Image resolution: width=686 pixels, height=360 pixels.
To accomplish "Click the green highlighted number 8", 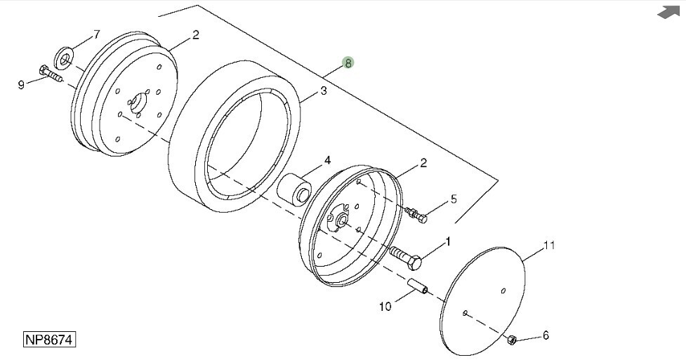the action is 348,63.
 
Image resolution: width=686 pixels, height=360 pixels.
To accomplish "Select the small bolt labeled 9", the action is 51,74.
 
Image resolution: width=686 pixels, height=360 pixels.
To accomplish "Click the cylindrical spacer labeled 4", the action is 293,189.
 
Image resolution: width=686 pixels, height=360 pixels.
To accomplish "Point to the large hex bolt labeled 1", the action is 405,258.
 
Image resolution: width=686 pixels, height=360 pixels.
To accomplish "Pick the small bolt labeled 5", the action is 416,215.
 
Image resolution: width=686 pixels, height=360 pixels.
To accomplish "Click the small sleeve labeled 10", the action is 418,288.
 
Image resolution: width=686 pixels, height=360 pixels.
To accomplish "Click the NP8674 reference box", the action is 49,340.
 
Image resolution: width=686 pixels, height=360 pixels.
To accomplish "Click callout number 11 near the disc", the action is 548,245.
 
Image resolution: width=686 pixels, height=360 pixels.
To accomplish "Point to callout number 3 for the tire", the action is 323,91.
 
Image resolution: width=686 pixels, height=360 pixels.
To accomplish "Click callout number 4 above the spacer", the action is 327,161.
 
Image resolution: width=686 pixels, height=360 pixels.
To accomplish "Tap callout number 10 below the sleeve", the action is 385,307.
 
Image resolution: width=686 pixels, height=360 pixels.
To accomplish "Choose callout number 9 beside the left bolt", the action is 21,84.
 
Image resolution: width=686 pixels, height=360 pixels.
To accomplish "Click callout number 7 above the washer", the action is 97,34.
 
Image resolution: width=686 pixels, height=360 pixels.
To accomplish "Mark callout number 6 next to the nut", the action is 546,335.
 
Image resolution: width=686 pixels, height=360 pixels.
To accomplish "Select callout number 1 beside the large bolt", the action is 447,241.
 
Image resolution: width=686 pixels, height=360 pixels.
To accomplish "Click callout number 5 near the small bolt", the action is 454,199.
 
